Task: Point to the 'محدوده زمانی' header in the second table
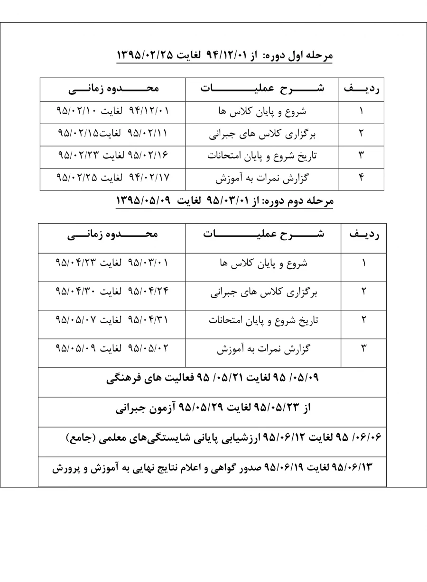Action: click(x=112, y=234)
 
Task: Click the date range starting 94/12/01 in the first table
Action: click(x=112, y=111)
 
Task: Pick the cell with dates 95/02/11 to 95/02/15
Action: click(x=112, y=134)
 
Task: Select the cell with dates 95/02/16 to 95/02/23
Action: click(x=112, y=156)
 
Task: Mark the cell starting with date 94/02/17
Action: click(x=112, y=178)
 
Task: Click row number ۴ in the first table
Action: click(x=361, y=179)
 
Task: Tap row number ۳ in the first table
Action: click(x=361, y=156)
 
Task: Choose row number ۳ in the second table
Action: click(x=364, y=349)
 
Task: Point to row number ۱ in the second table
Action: click(x=364, y=264)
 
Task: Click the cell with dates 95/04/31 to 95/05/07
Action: click(x=112, y=320)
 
